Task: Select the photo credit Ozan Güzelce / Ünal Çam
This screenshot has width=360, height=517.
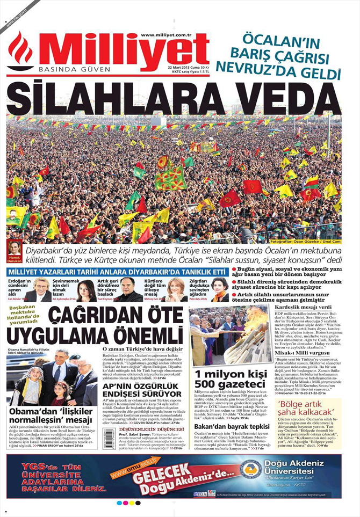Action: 306,242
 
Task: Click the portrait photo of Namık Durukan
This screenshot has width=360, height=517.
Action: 15,249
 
